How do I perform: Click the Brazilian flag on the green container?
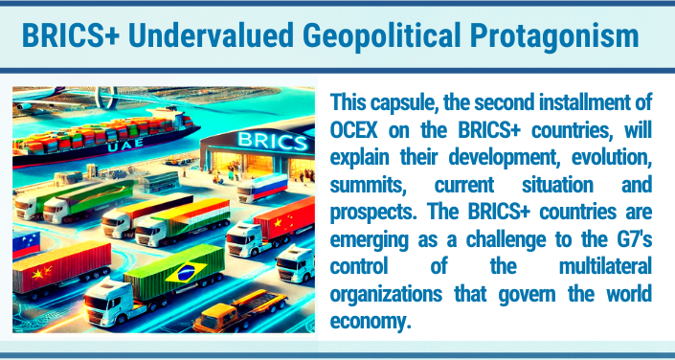pos(181,273)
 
